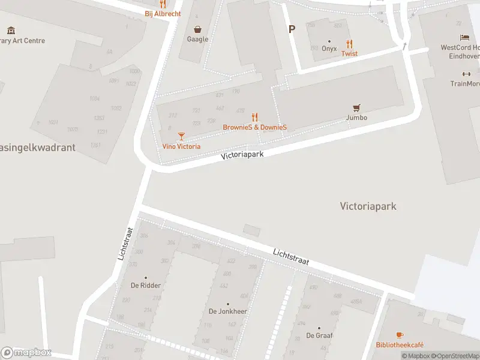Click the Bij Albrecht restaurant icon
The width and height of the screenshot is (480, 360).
163,4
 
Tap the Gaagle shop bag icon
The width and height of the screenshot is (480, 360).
197,29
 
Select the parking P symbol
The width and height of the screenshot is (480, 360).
292,29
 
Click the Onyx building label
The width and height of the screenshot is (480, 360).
329,49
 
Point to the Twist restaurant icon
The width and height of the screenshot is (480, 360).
350,44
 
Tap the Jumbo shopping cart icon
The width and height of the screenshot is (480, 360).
357,108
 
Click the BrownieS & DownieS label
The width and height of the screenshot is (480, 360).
254,127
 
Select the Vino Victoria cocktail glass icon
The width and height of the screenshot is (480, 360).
181,137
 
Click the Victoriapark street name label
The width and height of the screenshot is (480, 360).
242,154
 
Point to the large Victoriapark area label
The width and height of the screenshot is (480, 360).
368,206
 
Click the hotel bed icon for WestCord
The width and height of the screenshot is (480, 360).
464,38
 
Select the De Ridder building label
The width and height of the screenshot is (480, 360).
146,285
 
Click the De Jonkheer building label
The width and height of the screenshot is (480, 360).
228,311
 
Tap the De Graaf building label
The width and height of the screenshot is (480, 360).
319,335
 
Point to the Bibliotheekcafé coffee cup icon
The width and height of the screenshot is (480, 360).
400,335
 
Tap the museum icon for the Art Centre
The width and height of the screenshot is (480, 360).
11,30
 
